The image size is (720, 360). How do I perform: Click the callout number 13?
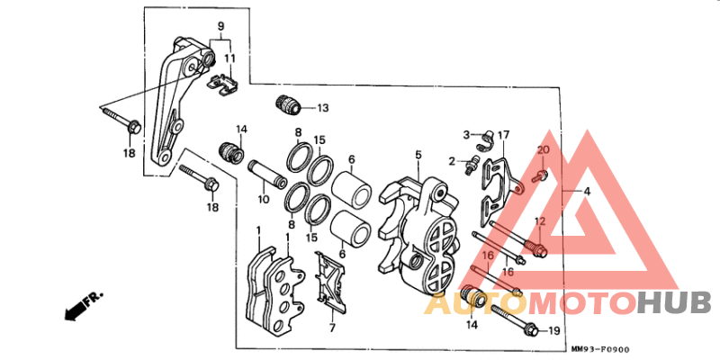point(323,108)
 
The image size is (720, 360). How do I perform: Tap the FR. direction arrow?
point(84,305)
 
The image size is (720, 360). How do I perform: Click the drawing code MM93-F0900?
point(600,350)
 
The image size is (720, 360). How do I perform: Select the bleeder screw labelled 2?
point(472,164)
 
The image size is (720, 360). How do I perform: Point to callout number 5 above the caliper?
point(418,155)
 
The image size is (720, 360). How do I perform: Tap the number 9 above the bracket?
point(220,26)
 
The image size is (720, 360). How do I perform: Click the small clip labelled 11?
point(223,85)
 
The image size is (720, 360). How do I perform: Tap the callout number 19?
point(554,330)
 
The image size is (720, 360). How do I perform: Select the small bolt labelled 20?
point(540,176)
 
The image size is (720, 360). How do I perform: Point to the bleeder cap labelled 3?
point(482,140)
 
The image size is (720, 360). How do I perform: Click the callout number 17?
point(504,135)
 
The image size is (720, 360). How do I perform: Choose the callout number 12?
point(539,221)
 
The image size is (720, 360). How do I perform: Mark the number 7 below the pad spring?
point(332,328)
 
